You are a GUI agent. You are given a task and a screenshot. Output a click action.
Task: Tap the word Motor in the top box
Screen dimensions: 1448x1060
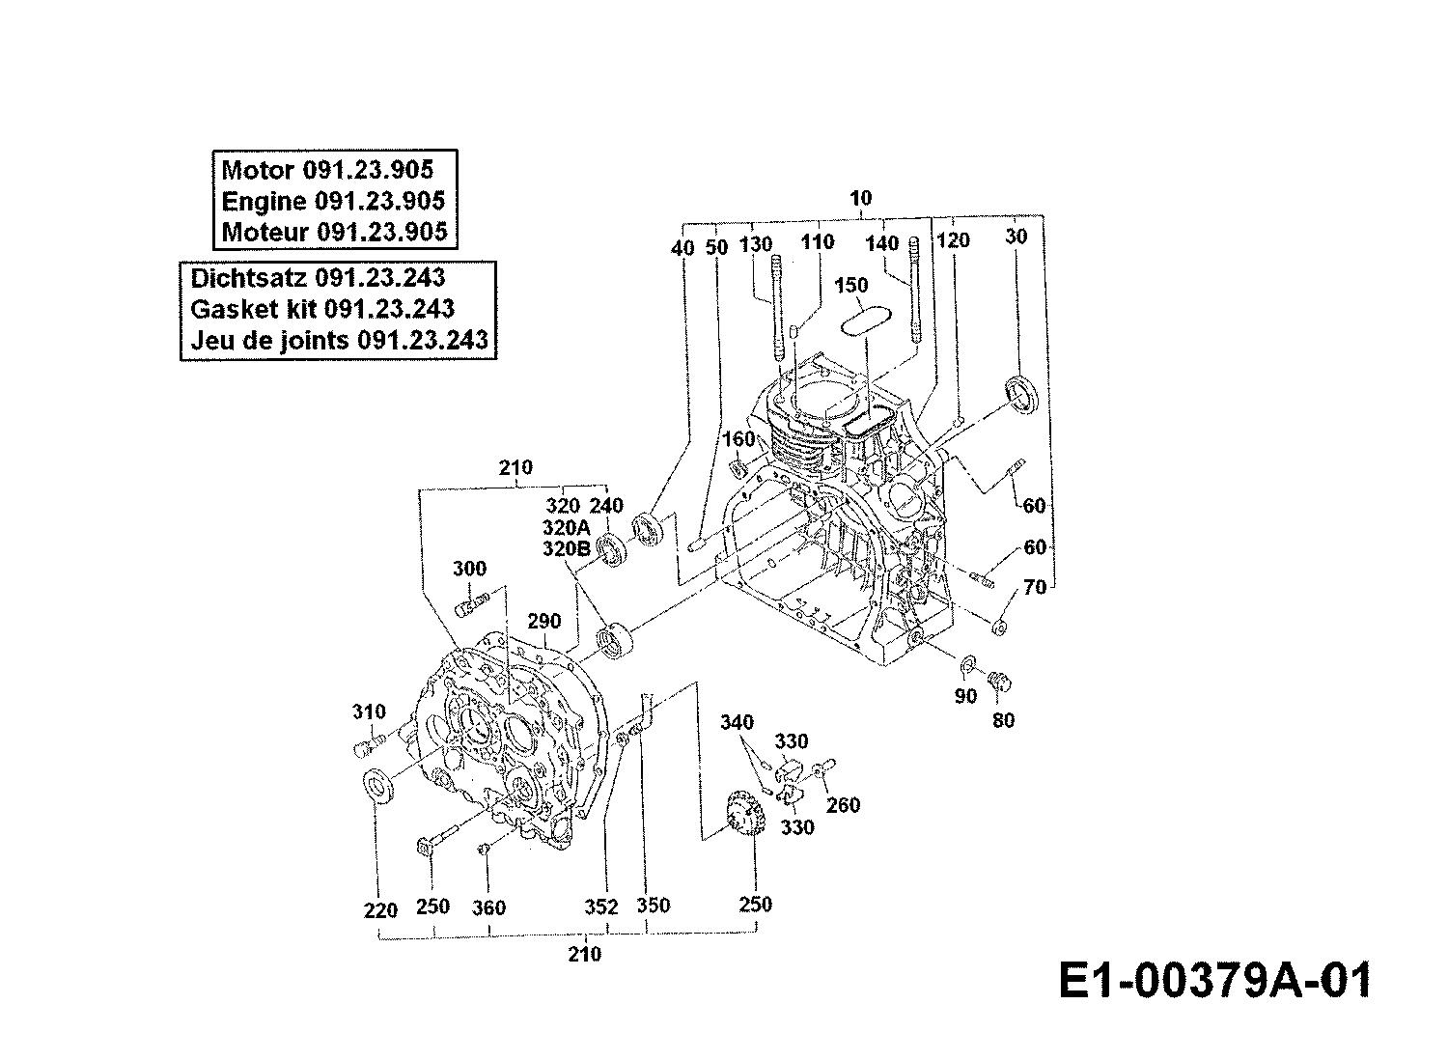[x=258, y=170]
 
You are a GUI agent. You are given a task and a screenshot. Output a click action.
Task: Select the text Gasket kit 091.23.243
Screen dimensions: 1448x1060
[x=321, y=309]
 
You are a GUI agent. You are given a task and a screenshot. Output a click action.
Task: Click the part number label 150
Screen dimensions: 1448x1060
[x=851, y=285]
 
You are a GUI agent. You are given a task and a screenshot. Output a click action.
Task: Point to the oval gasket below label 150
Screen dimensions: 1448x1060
[x=867, y=321]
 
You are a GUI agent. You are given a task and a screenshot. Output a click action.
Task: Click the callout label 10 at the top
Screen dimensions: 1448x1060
[x=860, y=197]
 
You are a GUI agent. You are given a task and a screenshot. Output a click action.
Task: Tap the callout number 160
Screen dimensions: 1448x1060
[x=738, y=439]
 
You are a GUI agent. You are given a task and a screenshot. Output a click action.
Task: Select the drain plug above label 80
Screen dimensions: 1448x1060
[x=999, y=682]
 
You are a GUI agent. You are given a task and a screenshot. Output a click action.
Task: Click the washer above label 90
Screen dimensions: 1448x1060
[x=968, y=664]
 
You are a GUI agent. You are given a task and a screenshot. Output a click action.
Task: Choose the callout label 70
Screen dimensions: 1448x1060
[x=1034, y=587]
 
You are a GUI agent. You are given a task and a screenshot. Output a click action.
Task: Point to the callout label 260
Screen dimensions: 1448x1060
[x=843, y=805]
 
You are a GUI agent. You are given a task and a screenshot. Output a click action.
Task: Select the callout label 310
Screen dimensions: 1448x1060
[x=369, y=711]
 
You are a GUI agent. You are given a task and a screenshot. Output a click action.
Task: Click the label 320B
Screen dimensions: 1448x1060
[x=566, y=548]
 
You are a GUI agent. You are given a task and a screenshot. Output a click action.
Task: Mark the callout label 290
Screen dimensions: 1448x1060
[x=543, y=621]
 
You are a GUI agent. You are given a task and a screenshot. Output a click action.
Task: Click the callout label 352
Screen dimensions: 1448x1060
[x=601, y=907]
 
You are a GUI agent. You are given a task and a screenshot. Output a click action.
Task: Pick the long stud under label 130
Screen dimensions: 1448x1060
[x=777, y=309]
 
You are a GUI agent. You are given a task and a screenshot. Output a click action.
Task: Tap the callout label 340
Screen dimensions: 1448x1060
[x=737, y=722]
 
